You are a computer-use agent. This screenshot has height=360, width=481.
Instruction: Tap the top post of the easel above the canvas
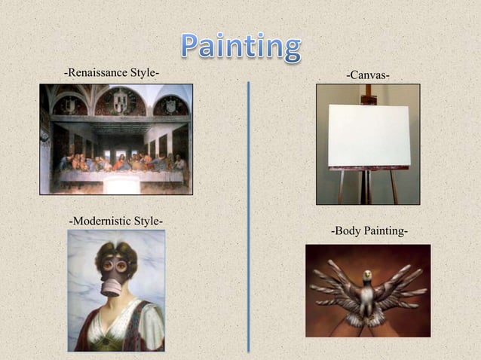pyautogui.click(x=368, y=95)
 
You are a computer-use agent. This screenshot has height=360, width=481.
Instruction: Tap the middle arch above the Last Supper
pyautogui.click(x=116, y=101)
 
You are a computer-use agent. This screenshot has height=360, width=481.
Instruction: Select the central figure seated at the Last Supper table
pyautogui.click(x=115, y=159)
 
